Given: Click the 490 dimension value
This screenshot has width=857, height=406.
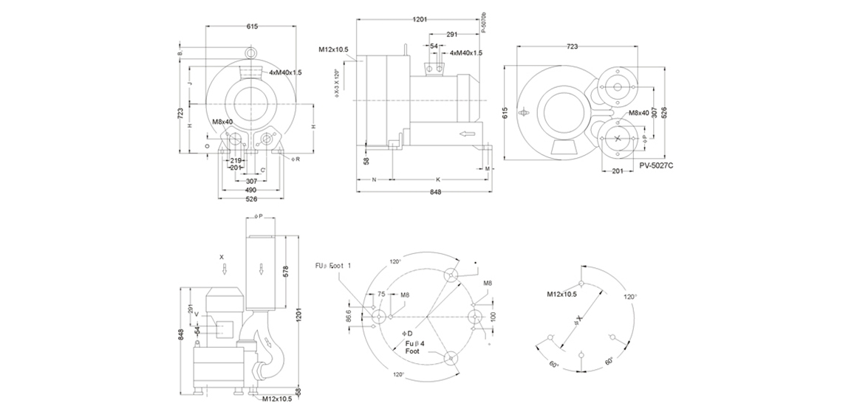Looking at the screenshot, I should coord(251,190).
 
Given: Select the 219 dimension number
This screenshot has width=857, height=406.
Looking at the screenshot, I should coord(236,159).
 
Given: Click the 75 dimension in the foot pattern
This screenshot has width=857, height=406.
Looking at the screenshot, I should coord(381,293).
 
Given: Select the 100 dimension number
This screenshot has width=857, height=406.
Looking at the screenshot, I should coord(492,317).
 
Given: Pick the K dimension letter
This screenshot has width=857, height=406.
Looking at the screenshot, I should coord(437,179).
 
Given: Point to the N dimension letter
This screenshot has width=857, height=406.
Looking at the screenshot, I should coord(374,179).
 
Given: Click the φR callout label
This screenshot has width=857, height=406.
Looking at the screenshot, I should coord(296,159).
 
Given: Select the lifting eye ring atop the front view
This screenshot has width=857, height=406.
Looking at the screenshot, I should coord(252,54).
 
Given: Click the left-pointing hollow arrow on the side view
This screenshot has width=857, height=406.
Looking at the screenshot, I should coord(465,134).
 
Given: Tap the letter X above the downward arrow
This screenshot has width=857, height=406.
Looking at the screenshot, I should coord(222,257).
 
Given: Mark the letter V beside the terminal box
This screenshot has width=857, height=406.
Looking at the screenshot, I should coord(197,314).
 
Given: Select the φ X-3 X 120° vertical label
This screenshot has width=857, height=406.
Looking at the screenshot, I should coord(336,83).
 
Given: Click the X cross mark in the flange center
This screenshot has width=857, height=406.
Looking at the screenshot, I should coord(618,138).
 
